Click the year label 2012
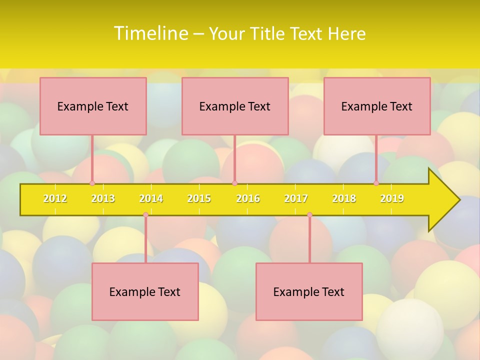(x=55, y=198)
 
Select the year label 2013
(x=103, y=198)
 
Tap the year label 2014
(x=151, y=198)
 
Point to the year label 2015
(x=199, y=198)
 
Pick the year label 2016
(x=248, y=198)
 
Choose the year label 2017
(x=296, y=198)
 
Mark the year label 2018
(x=344, y=198)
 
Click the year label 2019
(x=392, y=198)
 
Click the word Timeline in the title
(x=150, y=33)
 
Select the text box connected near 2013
(x=93, y=106)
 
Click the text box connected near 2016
(x=235, y=106)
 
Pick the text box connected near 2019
(x=377, y=106)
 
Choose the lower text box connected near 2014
(x=145, y=291)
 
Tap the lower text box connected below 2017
(x=309, y=291)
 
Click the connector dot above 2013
(x=92, y=183)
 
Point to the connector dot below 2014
(x=145, y=215)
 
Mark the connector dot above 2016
(x=234, y=183)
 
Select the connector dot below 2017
(x=309, y=215)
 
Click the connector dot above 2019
(x=376, y=183)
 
